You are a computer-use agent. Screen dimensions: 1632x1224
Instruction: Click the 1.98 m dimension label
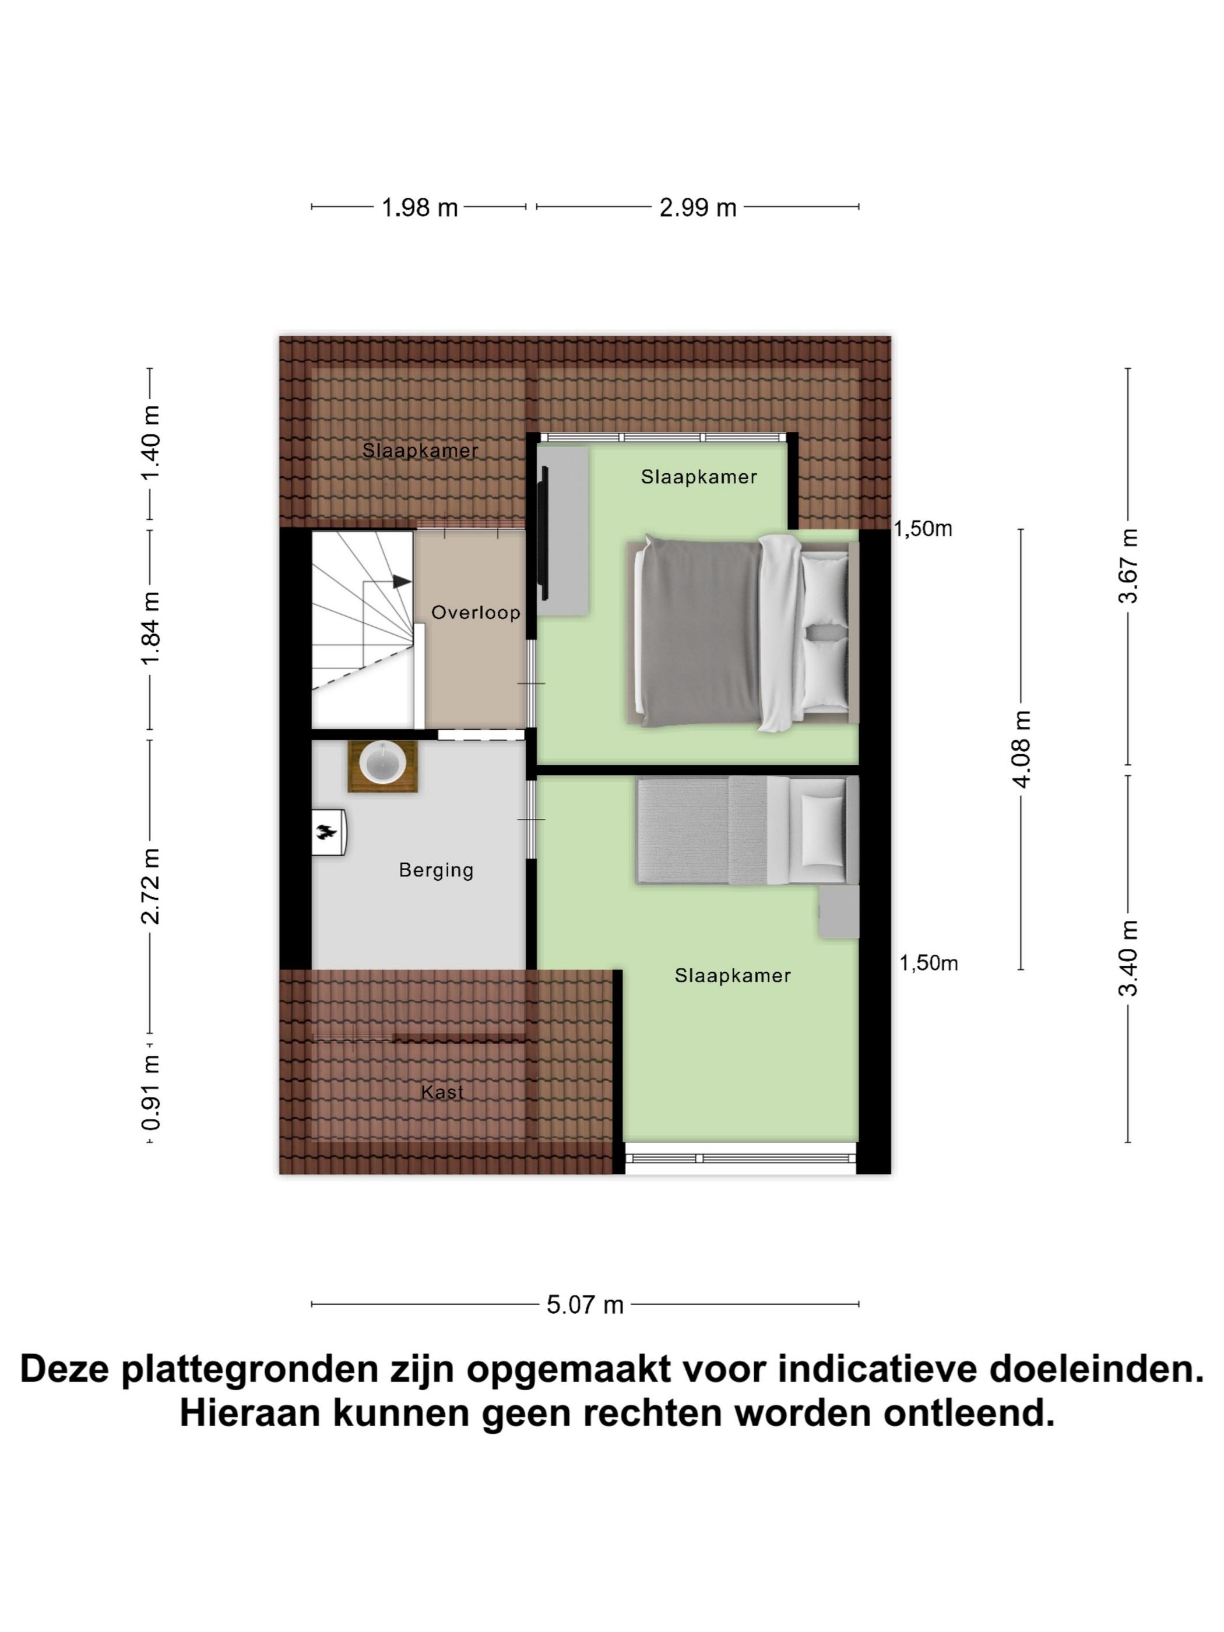[x=419, y=208]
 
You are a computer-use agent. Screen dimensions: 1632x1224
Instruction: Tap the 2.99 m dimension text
[x=697, y=208]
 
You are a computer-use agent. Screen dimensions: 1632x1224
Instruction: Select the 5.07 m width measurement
[x=585, y=1305]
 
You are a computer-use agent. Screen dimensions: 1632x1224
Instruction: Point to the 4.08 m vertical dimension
[x=1022, y=749]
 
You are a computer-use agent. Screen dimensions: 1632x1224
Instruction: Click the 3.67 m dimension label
[x=1128, y=566]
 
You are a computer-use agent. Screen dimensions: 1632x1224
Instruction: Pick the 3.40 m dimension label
[x=1128, y=958]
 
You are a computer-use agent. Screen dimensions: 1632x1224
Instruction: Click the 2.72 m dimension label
[x=151, y=886]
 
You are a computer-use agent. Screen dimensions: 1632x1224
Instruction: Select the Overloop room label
[x=475, y=613]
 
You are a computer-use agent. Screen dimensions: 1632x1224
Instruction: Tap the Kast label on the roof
[x=442, y=1092]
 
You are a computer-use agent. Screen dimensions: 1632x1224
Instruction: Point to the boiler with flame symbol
[x=328, y=832]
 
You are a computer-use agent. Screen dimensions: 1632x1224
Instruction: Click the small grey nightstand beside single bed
[x=839, y=912]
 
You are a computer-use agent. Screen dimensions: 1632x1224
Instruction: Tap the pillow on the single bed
[x=824, y=831]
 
